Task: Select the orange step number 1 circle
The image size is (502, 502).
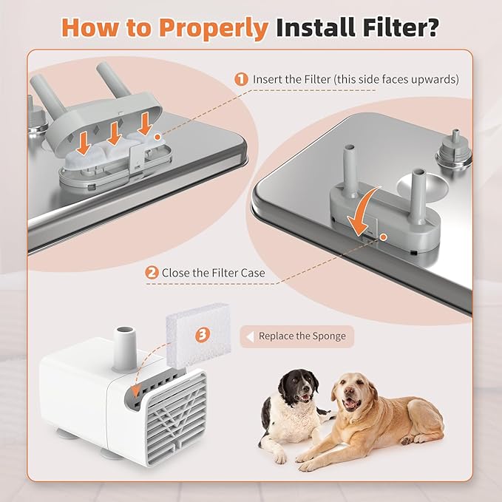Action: (x=240, y=78)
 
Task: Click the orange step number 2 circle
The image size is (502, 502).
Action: (x=152, y=272)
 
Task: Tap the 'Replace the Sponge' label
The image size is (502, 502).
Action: (x=302, y=336)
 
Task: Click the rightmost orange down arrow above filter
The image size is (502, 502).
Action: (x=146, y=124)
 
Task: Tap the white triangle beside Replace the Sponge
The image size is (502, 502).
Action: (x=249, y=336)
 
